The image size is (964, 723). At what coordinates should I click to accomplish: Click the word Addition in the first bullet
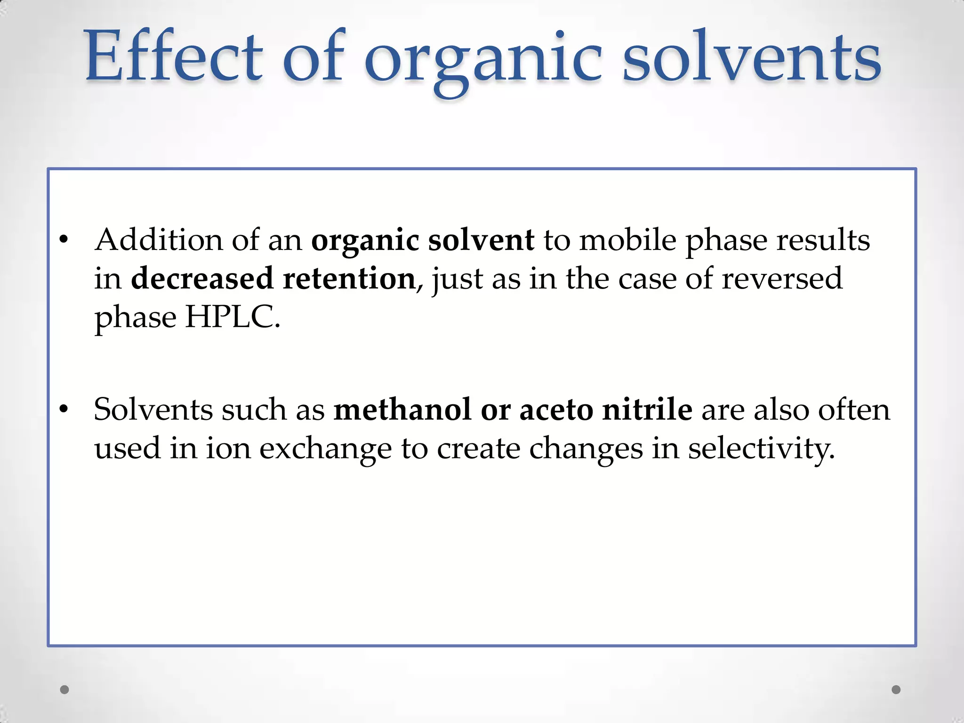tap(159, 240)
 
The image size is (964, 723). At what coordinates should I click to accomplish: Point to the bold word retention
tap(349, 278)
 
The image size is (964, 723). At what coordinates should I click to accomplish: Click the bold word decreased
tap(202, 278)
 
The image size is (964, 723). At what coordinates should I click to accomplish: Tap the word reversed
tap(782, 278)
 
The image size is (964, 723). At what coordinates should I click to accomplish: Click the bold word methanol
tap(402, 409)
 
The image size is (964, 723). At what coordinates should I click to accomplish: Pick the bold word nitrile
tap(647, 409)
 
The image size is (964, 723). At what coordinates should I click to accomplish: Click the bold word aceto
tap(556, 410)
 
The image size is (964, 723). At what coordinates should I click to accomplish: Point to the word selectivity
tap(761, 448)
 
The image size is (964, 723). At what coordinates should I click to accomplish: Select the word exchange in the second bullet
tap(325, 449)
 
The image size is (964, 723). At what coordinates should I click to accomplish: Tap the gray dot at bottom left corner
tap(64, 690)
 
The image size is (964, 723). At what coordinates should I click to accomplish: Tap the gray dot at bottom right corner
tap(896, 690)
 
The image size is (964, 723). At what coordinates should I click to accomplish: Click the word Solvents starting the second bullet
tap(153, 409)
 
